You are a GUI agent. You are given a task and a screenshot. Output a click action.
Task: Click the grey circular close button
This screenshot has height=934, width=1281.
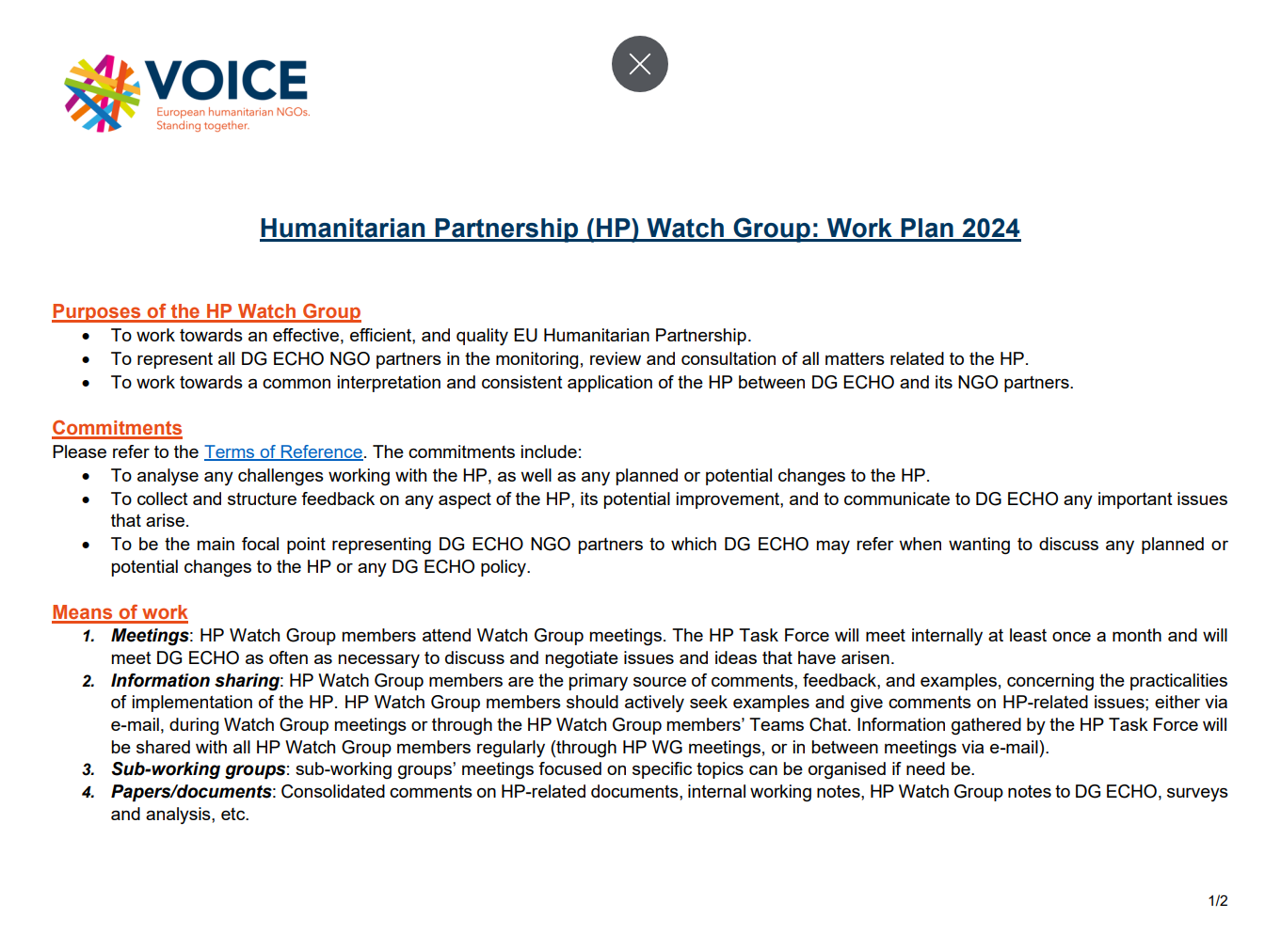click(640, 64)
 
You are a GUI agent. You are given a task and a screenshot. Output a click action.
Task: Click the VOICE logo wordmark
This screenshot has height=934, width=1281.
click(226, 80)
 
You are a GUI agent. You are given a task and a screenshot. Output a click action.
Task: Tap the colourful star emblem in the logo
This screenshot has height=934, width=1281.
click(102, 93)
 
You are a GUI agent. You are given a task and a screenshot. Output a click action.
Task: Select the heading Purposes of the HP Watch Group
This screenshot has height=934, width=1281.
click(206, 311)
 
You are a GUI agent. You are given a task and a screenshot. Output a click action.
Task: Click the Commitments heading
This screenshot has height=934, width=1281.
click(117, 428)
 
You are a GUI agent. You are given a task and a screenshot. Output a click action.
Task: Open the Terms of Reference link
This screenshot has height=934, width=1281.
click(283, 452)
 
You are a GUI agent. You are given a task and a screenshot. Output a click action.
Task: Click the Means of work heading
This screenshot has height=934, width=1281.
click(120, 612)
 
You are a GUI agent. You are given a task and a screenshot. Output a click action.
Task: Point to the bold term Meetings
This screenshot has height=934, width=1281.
click(150, 636)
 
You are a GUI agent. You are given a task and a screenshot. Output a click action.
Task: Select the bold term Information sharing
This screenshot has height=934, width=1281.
click(195, 681)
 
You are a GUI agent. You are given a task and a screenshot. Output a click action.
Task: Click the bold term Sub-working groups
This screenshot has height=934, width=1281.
click(198, 769)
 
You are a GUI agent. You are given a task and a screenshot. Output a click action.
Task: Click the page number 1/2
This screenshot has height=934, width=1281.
click(1218, 901)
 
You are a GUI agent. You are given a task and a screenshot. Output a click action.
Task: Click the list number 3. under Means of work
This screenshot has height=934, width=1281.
click(88, 770)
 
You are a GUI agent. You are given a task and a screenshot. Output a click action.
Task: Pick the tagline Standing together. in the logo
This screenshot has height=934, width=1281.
click(202, 126)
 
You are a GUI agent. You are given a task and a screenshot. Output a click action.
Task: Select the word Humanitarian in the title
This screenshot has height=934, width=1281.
click(340, 229)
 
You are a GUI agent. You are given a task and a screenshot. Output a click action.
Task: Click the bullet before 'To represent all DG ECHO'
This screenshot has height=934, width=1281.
click(87, 359)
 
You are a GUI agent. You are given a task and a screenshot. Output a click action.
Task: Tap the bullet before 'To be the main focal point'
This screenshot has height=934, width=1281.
click(87, 545)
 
